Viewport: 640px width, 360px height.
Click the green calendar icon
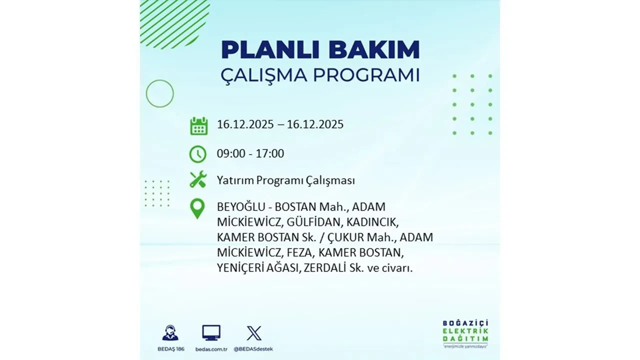coord(198,126)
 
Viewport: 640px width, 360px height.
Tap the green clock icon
coord(198,154)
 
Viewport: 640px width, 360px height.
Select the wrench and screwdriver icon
coord(198,179)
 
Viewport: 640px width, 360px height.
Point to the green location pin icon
coord(198,208)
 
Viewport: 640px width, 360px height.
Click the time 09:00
coord(231,153)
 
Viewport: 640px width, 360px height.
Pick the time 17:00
coord(270,153)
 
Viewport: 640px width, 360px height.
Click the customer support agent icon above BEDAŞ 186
coord(170,333)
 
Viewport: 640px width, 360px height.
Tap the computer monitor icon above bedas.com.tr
coord(211,332)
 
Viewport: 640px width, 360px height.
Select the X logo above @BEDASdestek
coord(254,332)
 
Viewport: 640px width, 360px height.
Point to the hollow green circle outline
coord(159,93)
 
